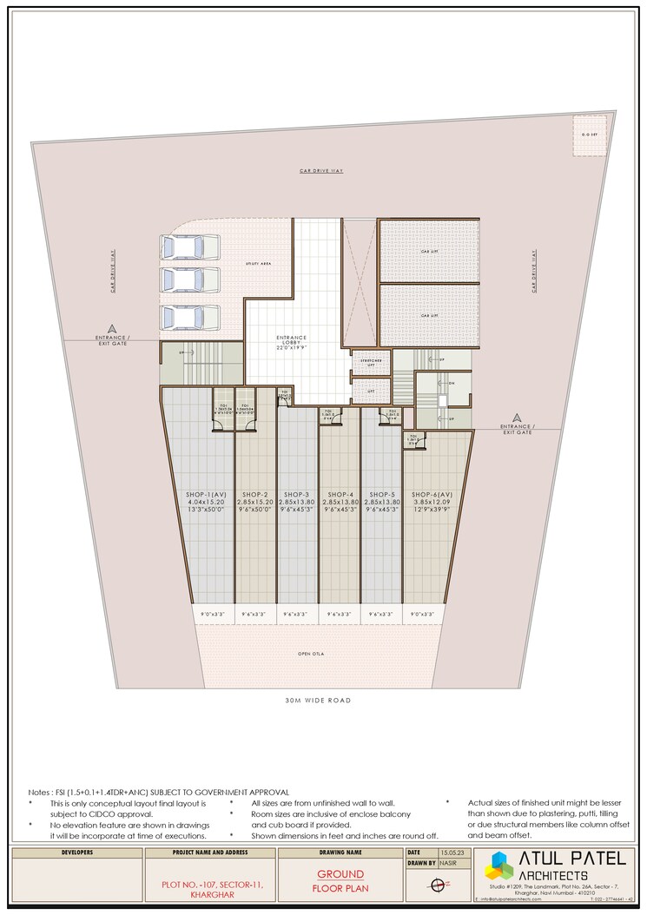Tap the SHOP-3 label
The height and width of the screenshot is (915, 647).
click(x=296, y=494)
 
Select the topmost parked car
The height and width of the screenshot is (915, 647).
click(x=180, y=247)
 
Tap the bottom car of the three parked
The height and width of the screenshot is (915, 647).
click(x=180, y=318)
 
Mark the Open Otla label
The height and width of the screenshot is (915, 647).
click(x=310, y=654)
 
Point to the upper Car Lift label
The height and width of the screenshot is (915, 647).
click(x=428, y=252)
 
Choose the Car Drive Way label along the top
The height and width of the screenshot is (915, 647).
click(x=321, y=171)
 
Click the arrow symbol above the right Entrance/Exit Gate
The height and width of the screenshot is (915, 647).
click(x=518, y=418)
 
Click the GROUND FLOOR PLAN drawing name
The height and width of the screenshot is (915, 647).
click(x=340, y=881)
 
